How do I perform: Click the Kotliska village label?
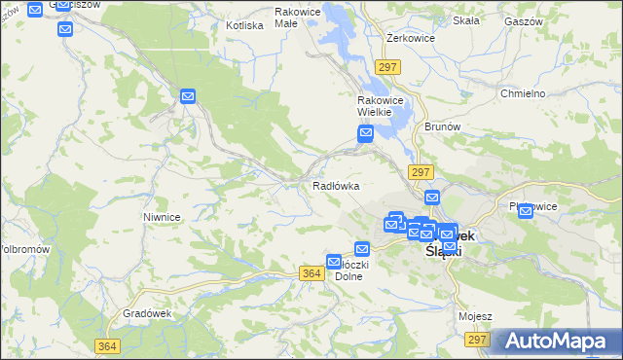[x=244, y=25]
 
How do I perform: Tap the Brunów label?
[x=442, y=126]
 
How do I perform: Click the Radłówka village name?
[x=336, y=185]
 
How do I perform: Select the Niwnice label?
[x=162, y=217]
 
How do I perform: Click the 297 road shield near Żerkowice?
[x=388, y=66]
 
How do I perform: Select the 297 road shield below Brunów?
[x=421, y=171]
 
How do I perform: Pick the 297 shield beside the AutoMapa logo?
[x=477, y=339]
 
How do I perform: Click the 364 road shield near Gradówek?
[x=109, y=345]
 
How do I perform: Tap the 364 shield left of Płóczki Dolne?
[x=311, y=274]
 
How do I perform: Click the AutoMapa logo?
[x=559, y=342]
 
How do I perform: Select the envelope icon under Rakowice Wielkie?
[x=365, y=135]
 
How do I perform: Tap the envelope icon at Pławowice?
[x=527, y=211]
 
